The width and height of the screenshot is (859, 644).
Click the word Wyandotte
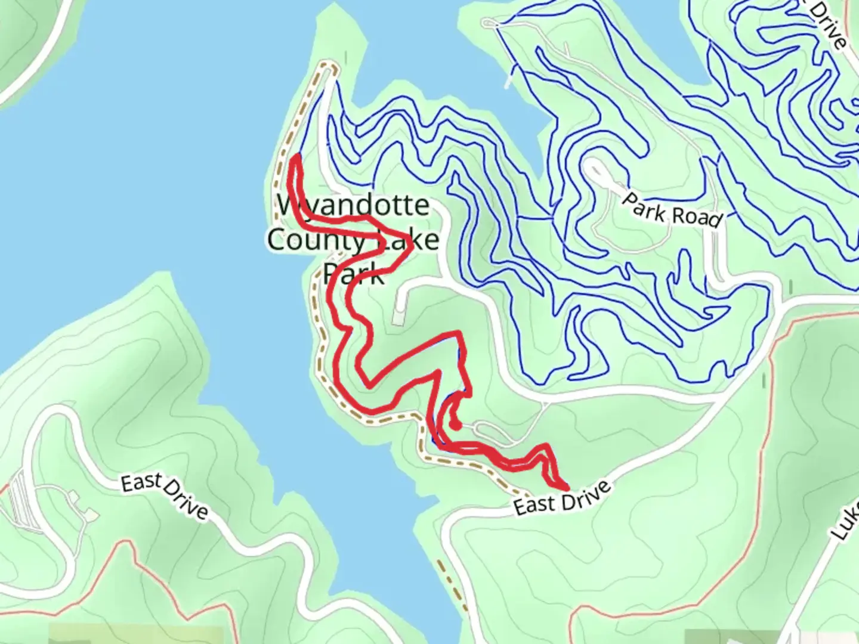tap(354, 206)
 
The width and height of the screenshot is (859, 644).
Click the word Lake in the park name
tap(412, 240)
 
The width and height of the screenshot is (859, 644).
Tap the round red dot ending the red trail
tap(455, 425)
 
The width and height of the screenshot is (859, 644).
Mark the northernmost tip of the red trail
tap(296, 156)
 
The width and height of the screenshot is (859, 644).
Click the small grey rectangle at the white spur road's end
tap(398, 320)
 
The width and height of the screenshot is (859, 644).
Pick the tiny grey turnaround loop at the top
tap(490, 23)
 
